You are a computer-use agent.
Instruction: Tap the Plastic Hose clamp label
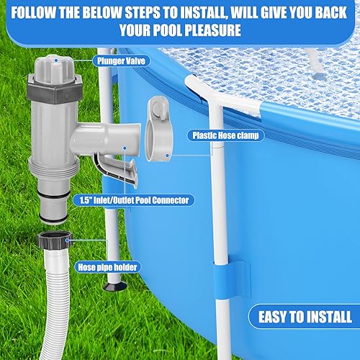(223, 134)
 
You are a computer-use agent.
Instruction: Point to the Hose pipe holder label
(105, 266)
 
